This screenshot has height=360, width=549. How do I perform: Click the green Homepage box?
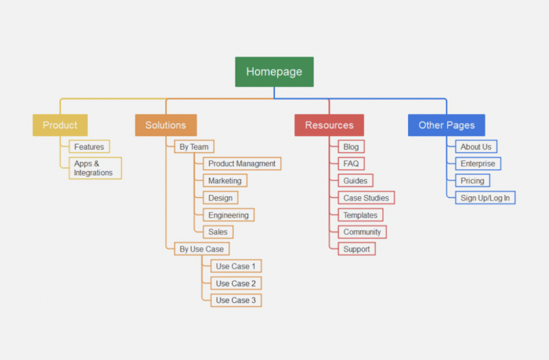tap(274, 72)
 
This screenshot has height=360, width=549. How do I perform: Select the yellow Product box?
tap(60, 125)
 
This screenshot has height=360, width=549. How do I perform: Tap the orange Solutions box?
tap(166, 125)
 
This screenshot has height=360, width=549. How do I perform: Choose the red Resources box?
tap(329, 125)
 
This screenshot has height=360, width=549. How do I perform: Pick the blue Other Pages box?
tap(446, 125)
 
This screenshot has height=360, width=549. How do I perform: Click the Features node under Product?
tap(89, 146)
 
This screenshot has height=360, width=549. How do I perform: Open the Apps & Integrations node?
tap(95, 168)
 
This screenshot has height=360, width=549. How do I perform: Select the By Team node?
tap(194, 146)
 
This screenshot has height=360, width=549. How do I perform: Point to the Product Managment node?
tap(242, 163)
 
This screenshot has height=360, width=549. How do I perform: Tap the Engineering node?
tap(228, 215)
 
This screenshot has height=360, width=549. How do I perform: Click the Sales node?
tap(218, 232)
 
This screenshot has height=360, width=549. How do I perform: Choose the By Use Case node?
tap(202, 249)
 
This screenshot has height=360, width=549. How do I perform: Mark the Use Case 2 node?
tap(235, 283)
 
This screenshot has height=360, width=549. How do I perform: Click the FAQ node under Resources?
tap(351, 163)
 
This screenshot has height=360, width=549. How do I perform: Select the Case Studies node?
tap(366, 198)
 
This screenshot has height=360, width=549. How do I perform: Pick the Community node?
tap(362, 232)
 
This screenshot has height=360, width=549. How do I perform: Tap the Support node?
tap(357, 249)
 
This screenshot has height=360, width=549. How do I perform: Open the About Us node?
tap(476, 146)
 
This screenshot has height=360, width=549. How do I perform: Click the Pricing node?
tap(472, 181)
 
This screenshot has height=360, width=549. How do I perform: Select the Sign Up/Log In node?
tap(485, 198)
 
